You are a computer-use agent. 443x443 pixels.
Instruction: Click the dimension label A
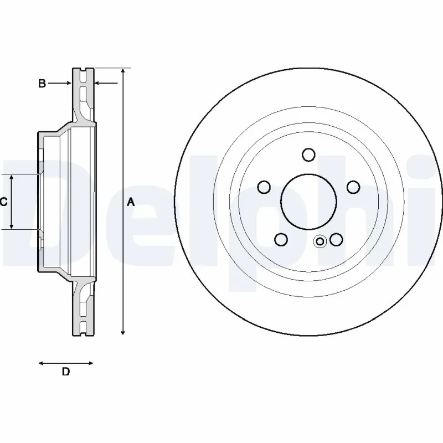tap(131, 202)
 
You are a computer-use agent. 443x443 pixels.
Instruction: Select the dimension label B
tap(42, 84)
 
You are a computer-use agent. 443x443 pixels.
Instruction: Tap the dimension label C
tap(3, 202)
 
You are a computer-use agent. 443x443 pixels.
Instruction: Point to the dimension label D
tap(65, 372)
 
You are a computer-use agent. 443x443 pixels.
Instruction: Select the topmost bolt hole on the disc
tap(309, 154)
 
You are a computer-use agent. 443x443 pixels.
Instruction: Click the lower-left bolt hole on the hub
tap(281, 239)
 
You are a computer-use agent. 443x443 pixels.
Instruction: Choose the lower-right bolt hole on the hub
tap(336, 239)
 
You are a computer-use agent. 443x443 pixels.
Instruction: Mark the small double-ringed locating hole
tap(320, 241)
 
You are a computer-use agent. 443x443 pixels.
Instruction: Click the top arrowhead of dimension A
tap(123, 73)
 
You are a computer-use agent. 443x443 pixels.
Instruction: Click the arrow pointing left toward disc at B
tap(100, 84)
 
